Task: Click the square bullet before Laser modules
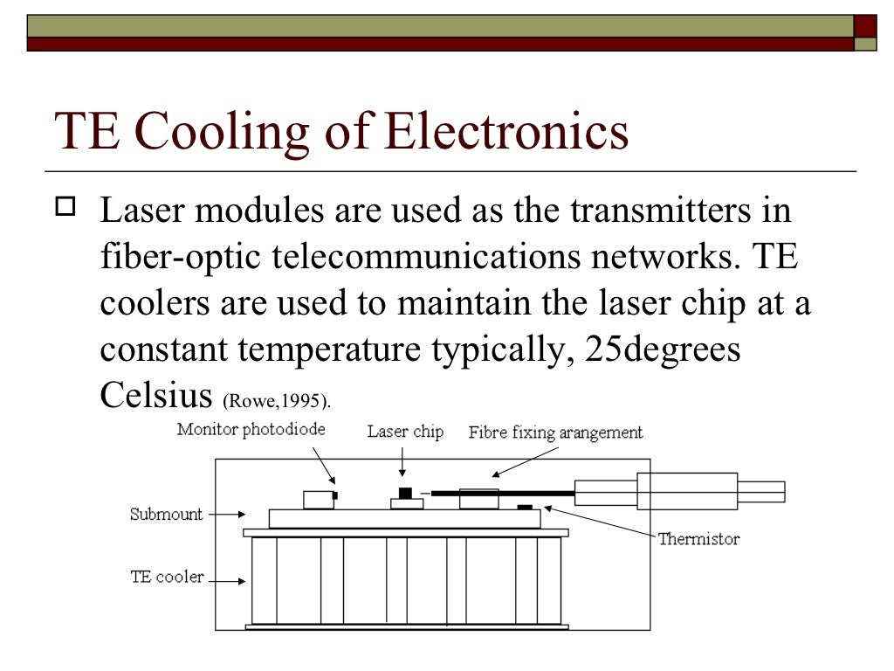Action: pyautogui.click(x=67, y=208)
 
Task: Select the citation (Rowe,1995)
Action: pyautogui.click(x=277, y=402)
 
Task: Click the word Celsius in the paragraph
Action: pyautogui.click(x=155, y=395)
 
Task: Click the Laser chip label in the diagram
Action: pyautogui.click(x=405, y=432)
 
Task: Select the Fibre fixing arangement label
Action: pyautogui.click(x=555, y=432)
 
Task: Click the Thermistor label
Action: pyautogui.click(x=698, y=538)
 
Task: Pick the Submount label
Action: pyautogui.click(x=166, y=514)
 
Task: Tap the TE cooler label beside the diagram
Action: pyautogui.click(x=167, y=577)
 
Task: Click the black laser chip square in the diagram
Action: pyautogui.click(x=404, y=493)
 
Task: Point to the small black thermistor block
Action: pyautogui.click(x=524, y=507)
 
